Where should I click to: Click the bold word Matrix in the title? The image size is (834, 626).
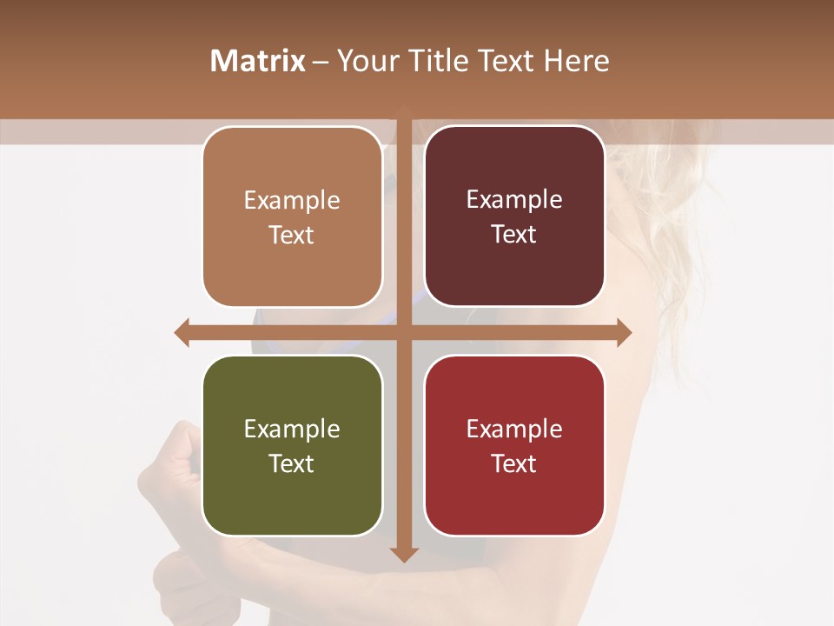click(x=258, y=61)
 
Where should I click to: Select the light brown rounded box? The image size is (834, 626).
click(x=292, y=217)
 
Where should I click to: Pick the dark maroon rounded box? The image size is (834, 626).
click(x=514, y=216)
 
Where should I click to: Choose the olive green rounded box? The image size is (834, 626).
click(x=292, y=446)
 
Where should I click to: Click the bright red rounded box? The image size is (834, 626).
click(x=514, y=445)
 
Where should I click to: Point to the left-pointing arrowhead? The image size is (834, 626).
click(x=182, y=332)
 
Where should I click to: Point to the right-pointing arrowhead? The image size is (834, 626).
click(x=624, y=332)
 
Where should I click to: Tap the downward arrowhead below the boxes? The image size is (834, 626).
click(x=404, y=554)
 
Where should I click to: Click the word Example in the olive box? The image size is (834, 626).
click(x=292, y=429)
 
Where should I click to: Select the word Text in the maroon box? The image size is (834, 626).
click(x=514, y=235)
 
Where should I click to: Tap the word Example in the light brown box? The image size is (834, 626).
click(x=292, y=200)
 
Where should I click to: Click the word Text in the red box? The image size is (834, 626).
click(x=514, y=463)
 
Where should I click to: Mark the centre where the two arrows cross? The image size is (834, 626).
click(x=404, y=332)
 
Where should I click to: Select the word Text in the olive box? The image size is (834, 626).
click(x=292, y=463)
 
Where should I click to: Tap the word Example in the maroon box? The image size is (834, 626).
click(x=514, y=199)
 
